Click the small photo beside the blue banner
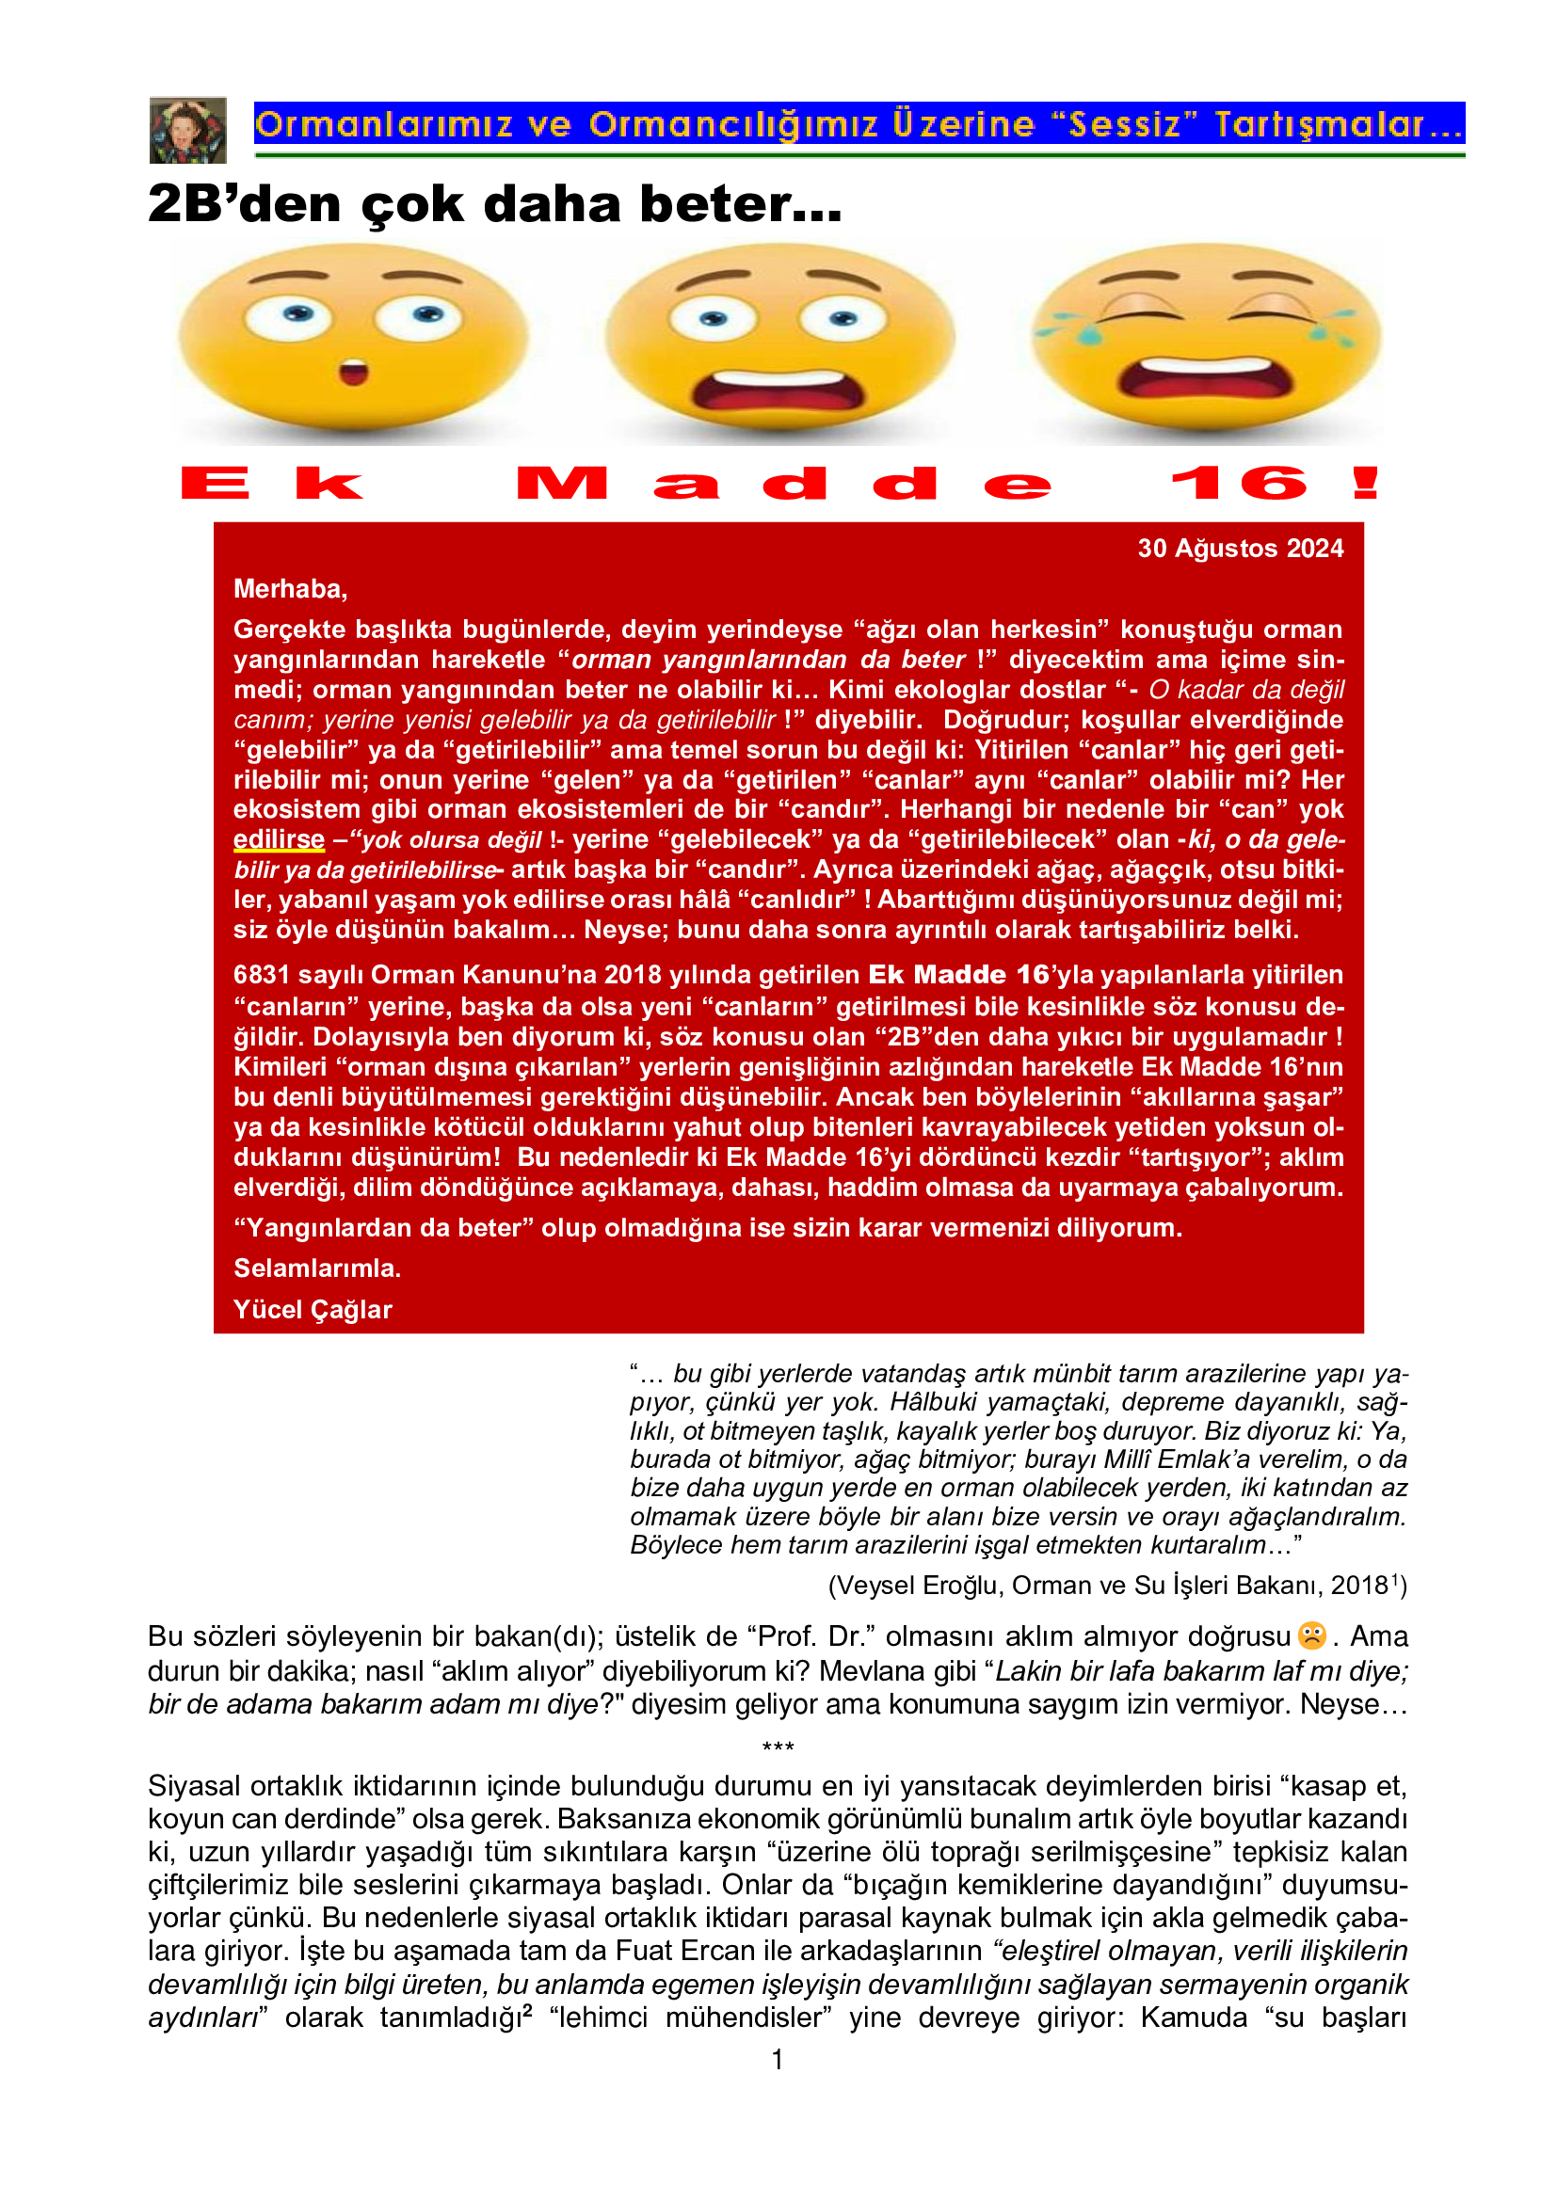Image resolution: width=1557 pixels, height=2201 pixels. tap(188, 130)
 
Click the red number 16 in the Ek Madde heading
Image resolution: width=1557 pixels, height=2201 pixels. tap(1239, 483)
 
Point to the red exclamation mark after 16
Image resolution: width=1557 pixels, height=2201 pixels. tap(1365, 483)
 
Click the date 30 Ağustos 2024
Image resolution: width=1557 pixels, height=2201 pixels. tap(1240, 549)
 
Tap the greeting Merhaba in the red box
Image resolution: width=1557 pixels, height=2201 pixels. tap(290, 588)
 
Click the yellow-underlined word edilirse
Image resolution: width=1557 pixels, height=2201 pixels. tap(279, 839)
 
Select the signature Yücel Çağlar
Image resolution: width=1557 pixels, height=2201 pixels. tap(313, 1310)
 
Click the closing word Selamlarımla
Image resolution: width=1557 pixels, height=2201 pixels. tap(316, 1268)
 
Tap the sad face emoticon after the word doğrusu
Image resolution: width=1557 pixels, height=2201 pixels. tap(1311, 1635)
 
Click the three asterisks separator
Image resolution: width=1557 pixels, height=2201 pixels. tap(778, 1746)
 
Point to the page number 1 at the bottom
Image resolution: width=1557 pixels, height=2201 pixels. tap(778, 2059)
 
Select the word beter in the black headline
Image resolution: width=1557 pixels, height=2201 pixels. tap(740, 204)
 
